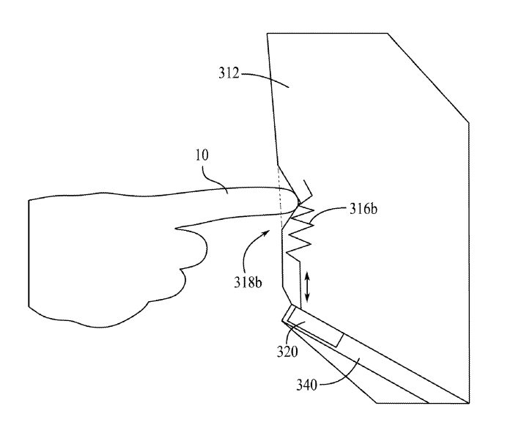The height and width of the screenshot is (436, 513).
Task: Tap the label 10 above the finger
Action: [202, 157]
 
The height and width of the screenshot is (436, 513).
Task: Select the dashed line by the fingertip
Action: [281, 194]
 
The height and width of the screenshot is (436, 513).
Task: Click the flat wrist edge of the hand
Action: [28, 253]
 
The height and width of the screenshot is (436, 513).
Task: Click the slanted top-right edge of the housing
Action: [429, 78]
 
